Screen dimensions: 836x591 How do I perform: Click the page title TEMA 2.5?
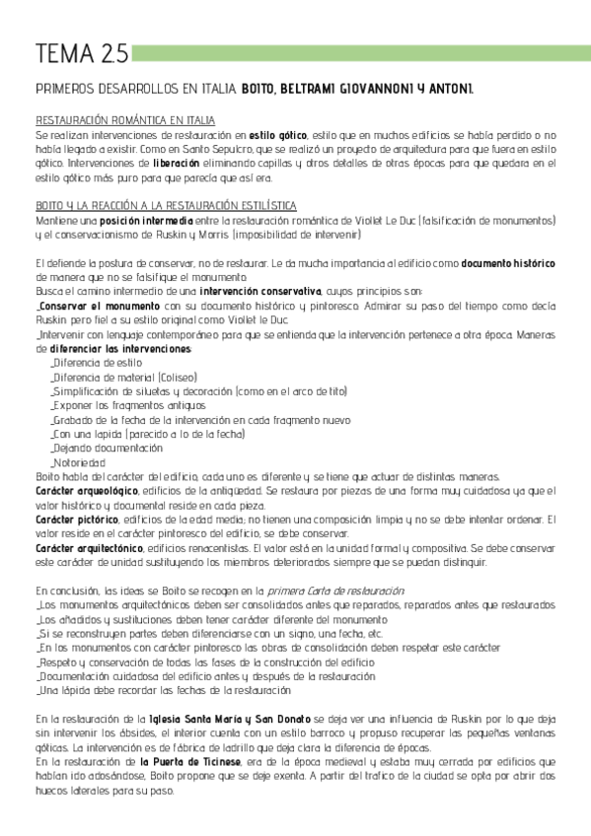pos(66,52)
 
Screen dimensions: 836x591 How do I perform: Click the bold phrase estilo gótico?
pos(277,134)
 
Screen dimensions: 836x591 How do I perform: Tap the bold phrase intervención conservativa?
pos(259,292)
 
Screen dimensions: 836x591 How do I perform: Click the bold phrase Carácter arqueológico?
pos(86,491)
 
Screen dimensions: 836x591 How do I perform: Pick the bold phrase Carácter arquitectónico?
pos(89,548)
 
